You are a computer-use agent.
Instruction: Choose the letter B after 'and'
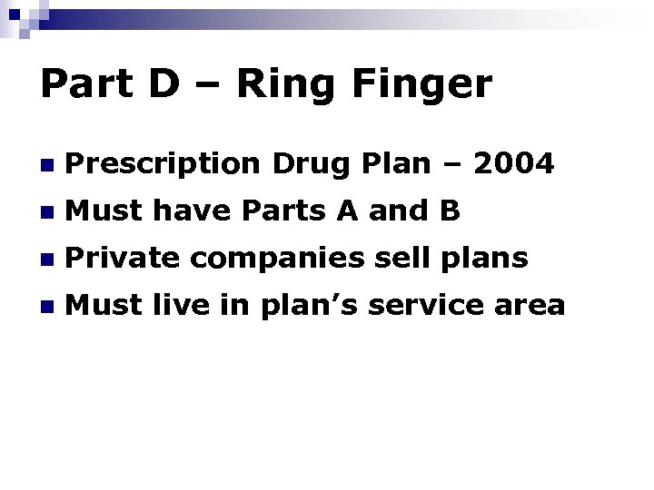click(x=451, y=211)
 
